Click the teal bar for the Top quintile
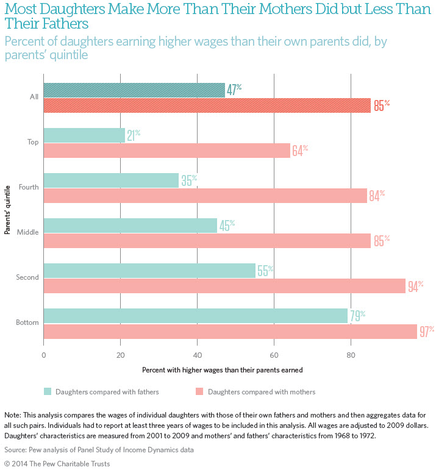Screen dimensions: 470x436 (x=84, y=135)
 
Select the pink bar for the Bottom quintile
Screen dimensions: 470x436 (x=231, y=331)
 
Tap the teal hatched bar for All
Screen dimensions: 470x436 (x=134, y=90)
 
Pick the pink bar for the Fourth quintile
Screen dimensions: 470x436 (x=205, y=196)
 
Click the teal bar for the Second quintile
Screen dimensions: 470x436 (x=149, y=271)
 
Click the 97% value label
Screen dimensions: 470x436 (x=426, y=331)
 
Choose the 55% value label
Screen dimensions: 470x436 (x=265, y=271)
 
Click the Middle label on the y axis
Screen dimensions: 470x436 (x=28, y=232)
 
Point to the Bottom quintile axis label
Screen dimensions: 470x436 (x=27, y=322)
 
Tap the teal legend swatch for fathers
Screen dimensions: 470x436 (x=48, y=391)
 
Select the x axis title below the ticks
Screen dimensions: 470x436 (x=222, y=369)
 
